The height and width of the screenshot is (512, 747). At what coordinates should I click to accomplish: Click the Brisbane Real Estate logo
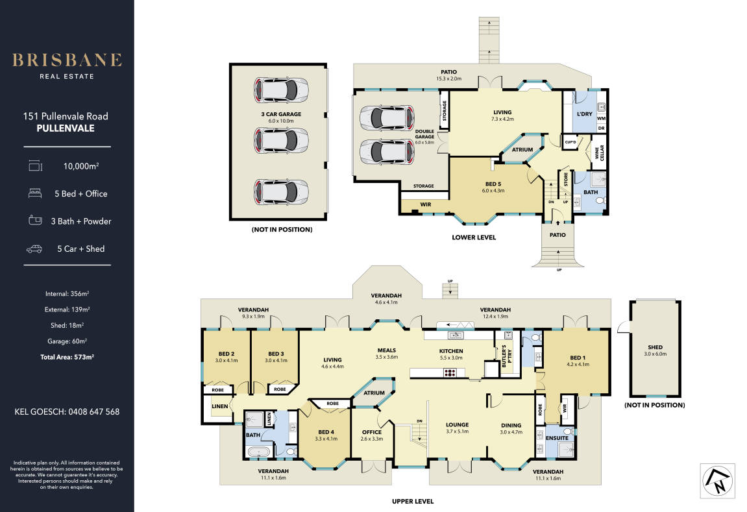point(67,66)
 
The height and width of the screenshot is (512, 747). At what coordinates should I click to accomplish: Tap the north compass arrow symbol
point(718,481)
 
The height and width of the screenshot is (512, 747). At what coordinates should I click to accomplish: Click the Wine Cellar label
point(599,152)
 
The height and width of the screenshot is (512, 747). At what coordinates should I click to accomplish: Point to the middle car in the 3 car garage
point(281,141)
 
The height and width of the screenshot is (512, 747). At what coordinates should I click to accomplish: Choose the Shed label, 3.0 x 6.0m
point(655,350)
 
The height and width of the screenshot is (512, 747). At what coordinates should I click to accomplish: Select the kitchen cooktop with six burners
point(450,373)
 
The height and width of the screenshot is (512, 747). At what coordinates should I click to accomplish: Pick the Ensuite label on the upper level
point(557,438)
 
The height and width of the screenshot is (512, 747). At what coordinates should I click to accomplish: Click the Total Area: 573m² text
point(67,357)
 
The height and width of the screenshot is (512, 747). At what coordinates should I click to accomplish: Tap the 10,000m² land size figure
point(81,166)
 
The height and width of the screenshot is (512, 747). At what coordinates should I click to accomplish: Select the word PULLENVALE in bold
point(66,128)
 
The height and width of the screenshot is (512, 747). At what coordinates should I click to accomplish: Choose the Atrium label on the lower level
point(522,149)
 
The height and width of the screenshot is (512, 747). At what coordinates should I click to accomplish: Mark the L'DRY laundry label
point(585,114)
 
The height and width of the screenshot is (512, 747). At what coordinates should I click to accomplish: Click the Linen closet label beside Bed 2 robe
point(219,406)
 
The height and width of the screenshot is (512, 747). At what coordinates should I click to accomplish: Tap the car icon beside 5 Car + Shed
point(34,249)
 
